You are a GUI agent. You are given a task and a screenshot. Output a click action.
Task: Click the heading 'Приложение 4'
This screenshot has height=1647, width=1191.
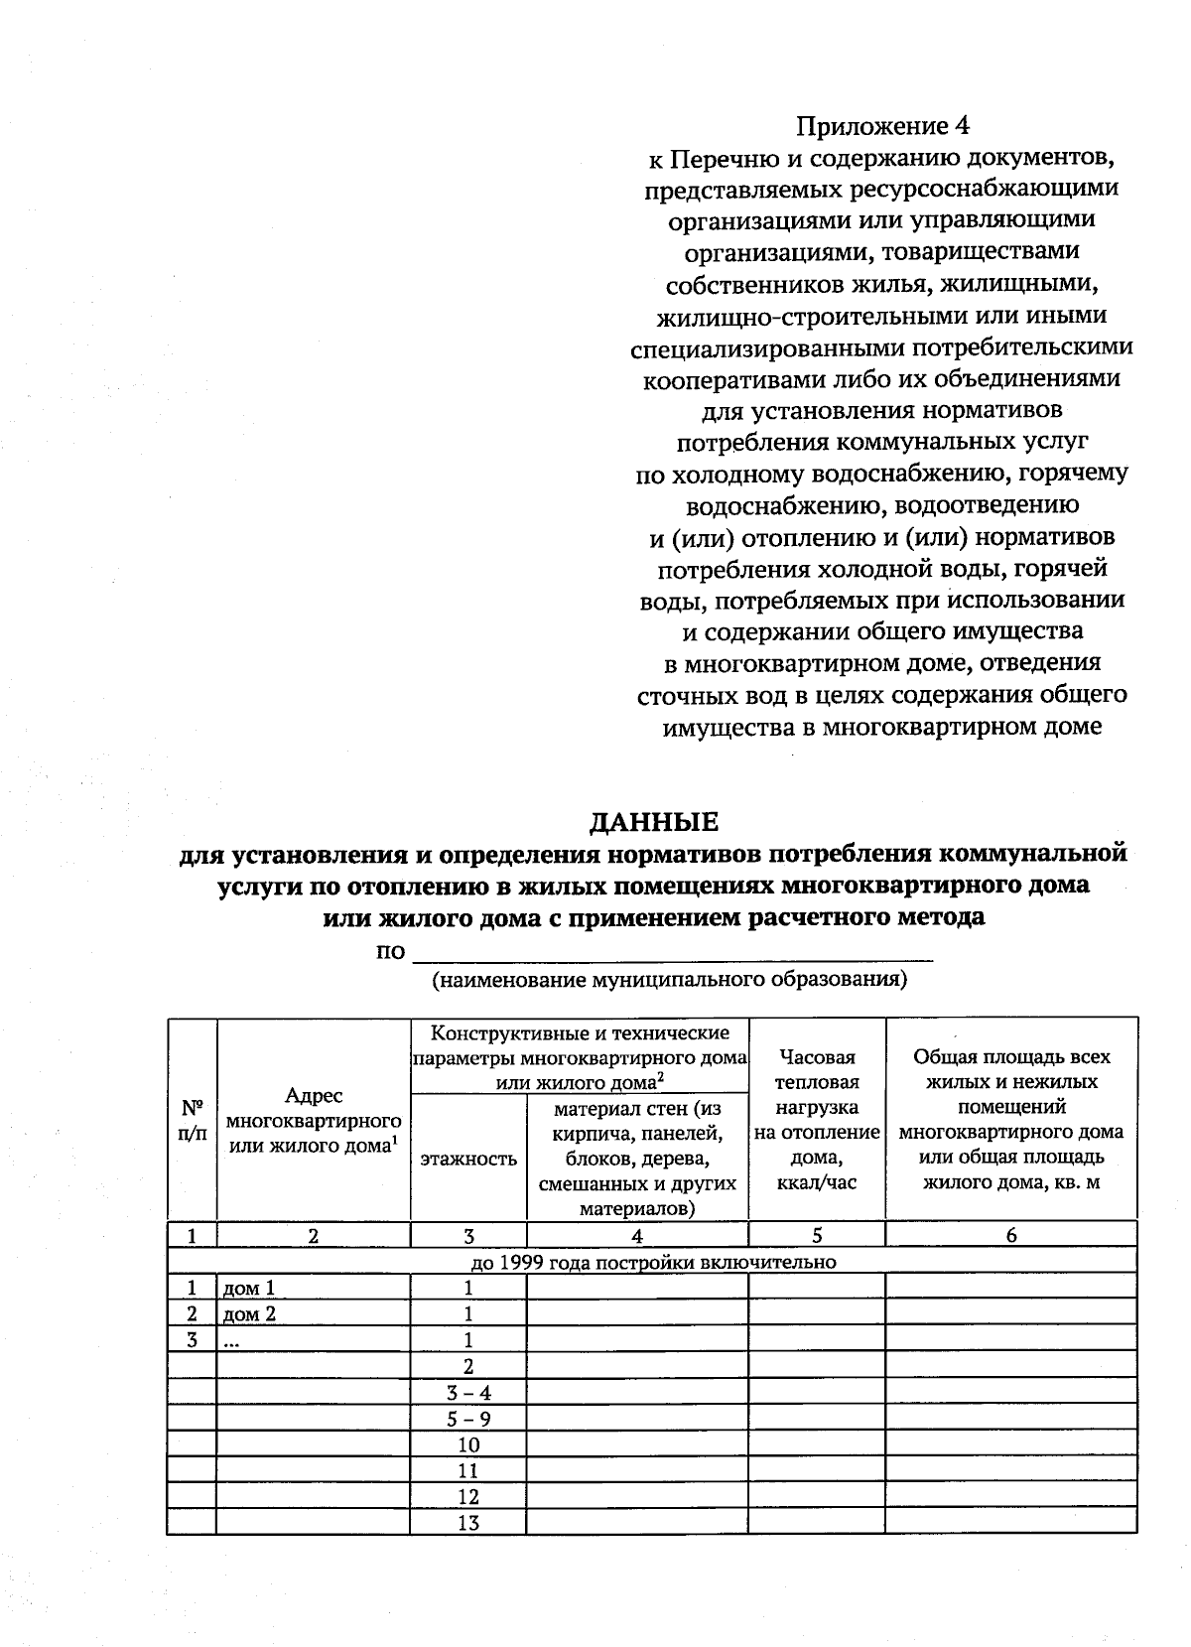click(x=882, y=126)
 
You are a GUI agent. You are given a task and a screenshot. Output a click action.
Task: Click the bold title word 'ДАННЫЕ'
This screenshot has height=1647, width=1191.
click(x=653, y=822)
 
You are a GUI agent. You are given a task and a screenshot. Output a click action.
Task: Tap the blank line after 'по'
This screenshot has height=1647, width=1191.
click(x=672, y=953)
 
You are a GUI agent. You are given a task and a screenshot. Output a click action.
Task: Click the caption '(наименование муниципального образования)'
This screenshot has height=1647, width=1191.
click(x=669, y=980)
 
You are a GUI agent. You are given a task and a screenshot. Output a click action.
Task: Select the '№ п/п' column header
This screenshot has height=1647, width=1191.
click(x=192, y=1119)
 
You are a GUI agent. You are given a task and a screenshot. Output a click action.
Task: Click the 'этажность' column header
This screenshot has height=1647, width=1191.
click(x=468, y=1159)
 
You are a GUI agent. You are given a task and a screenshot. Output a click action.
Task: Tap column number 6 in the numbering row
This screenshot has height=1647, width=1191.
click(x=1010, y=1235)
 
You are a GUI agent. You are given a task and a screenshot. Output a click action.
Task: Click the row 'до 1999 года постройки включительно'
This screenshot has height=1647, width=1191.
click(x=652, y=1262)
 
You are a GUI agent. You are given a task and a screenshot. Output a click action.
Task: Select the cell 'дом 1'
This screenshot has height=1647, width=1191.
click(x=249, y=1288)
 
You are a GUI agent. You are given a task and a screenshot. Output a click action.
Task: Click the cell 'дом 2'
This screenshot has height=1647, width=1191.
click(x=249, y=1313)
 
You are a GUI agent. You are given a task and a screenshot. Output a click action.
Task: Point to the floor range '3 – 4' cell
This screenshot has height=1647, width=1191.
click(x=468, y=1392)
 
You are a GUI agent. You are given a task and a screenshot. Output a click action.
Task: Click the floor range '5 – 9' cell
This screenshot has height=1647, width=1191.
click(x=468, y=1418)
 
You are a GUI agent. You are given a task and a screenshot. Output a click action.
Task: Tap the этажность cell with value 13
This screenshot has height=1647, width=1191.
click(x=468, y=1522)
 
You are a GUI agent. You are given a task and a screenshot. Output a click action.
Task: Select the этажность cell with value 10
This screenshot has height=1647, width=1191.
click(x=468, y=1443)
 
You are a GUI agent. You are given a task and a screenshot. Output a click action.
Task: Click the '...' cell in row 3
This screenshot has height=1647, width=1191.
click(x=231, y=1340)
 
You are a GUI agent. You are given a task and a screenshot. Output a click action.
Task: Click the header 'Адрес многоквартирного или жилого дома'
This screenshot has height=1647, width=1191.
click(x=313, y=1120)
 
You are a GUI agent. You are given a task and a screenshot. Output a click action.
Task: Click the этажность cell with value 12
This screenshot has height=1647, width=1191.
click(x=468, y=1496)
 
